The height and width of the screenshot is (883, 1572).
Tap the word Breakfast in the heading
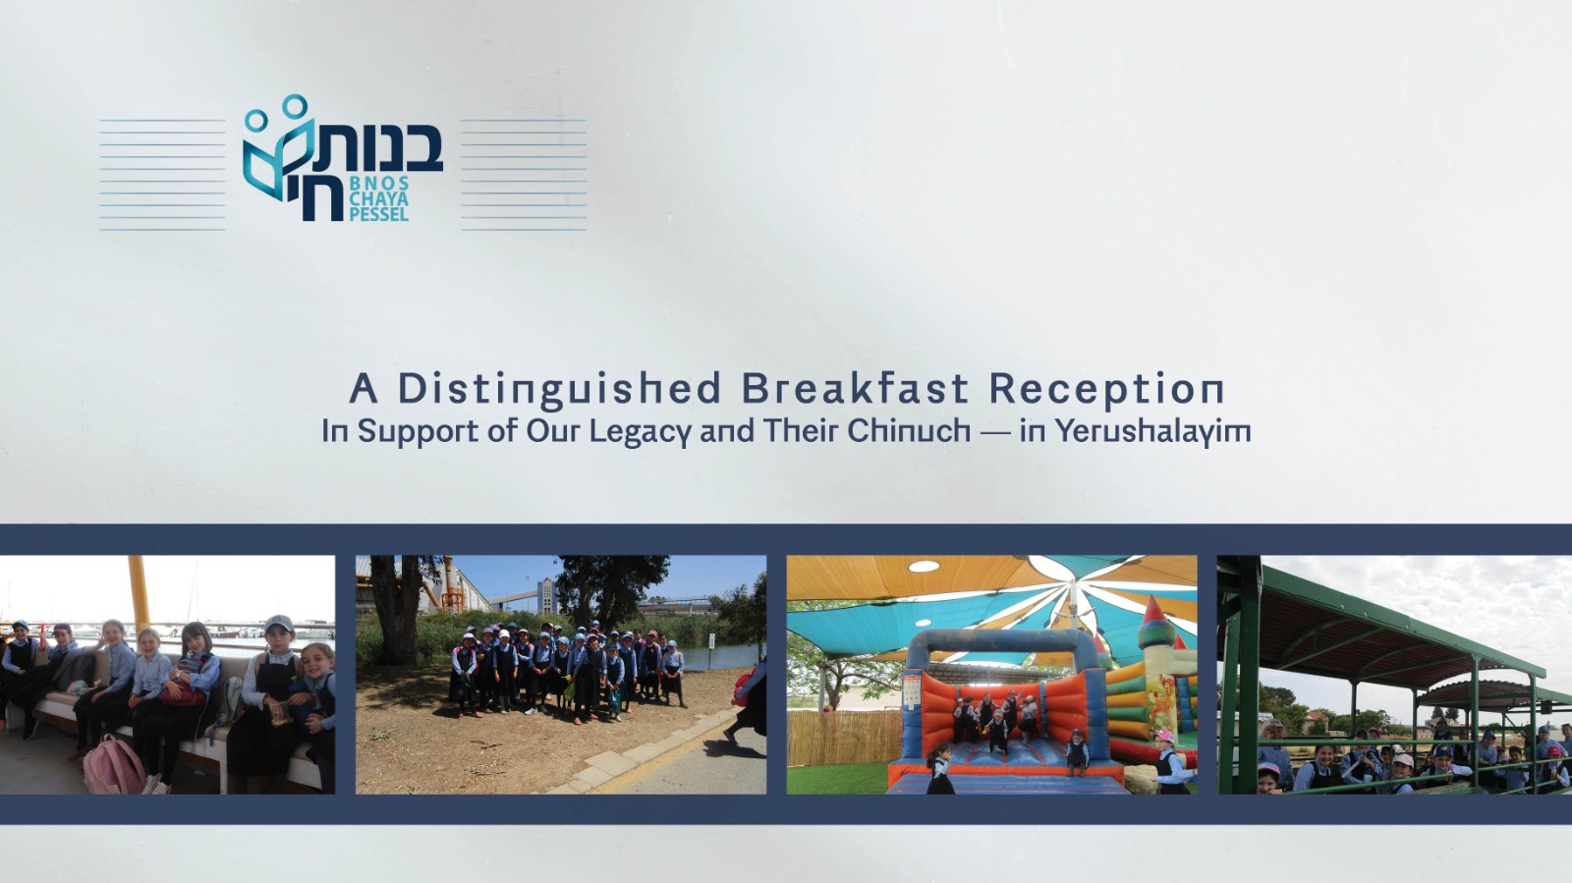pyautogui.click(x=855, y=388)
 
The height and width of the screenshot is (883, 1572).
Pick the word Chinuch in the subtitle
pyautogui.click(x=909, y=430)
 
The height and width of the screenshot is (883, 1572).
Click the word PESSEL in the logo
pyautogui.click(x=379, y=214)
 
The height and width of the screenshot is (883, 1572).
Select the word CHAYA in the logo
pyautogui.click(x=379, y=198)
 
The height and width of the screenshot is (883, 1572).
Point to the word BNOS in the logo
pyautogui.click(x=379, y=183)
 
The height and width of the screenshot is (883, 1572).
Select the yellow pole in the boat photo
pyautogui.click(x=139, y=593)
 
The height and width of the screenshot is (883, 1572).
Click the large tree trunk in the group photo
pyautogui.click(x=395, y=610)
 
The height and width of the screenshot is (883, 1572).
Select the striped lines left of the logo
pyautogui.click(x=162, y=175)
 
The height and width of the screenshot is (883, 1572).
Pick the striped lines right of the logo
pyautogui.click(x=524, y=175)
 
